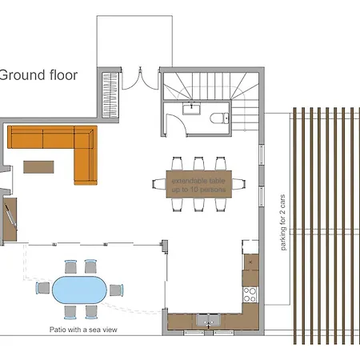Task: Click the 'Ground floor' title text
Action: [38, 76]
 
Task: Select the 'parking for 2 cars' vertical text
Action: [283, 223]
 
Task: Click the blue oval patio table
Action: [78, 288]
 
